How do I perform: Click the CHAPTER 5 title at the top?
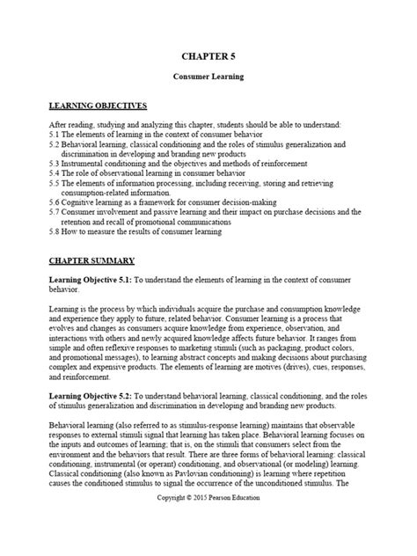208,55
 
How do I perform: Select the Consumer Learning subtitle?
208,77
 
